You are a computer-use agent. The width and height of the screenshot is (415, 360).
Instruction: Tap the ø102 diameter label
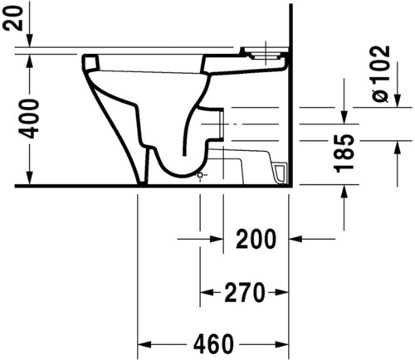(381, 74)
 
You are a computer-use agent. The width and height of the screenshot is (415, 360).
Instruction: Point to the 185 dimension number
(344, 153)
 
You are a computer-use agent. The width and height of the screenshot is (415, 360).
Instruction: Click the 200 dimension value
(256, 239)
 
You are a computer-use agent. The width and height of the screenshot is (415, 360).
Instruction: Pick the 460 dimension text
(213, 344)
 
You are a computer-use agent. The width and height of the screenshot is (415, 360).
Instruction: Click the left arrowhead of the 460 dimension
(144, 344)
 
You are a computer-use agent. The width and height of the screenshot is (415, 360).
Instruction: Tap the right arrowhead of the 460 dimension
(282, 344)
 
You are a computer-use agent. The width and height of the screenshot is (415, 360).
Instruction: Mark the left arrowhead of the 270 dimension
(207, 292)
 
